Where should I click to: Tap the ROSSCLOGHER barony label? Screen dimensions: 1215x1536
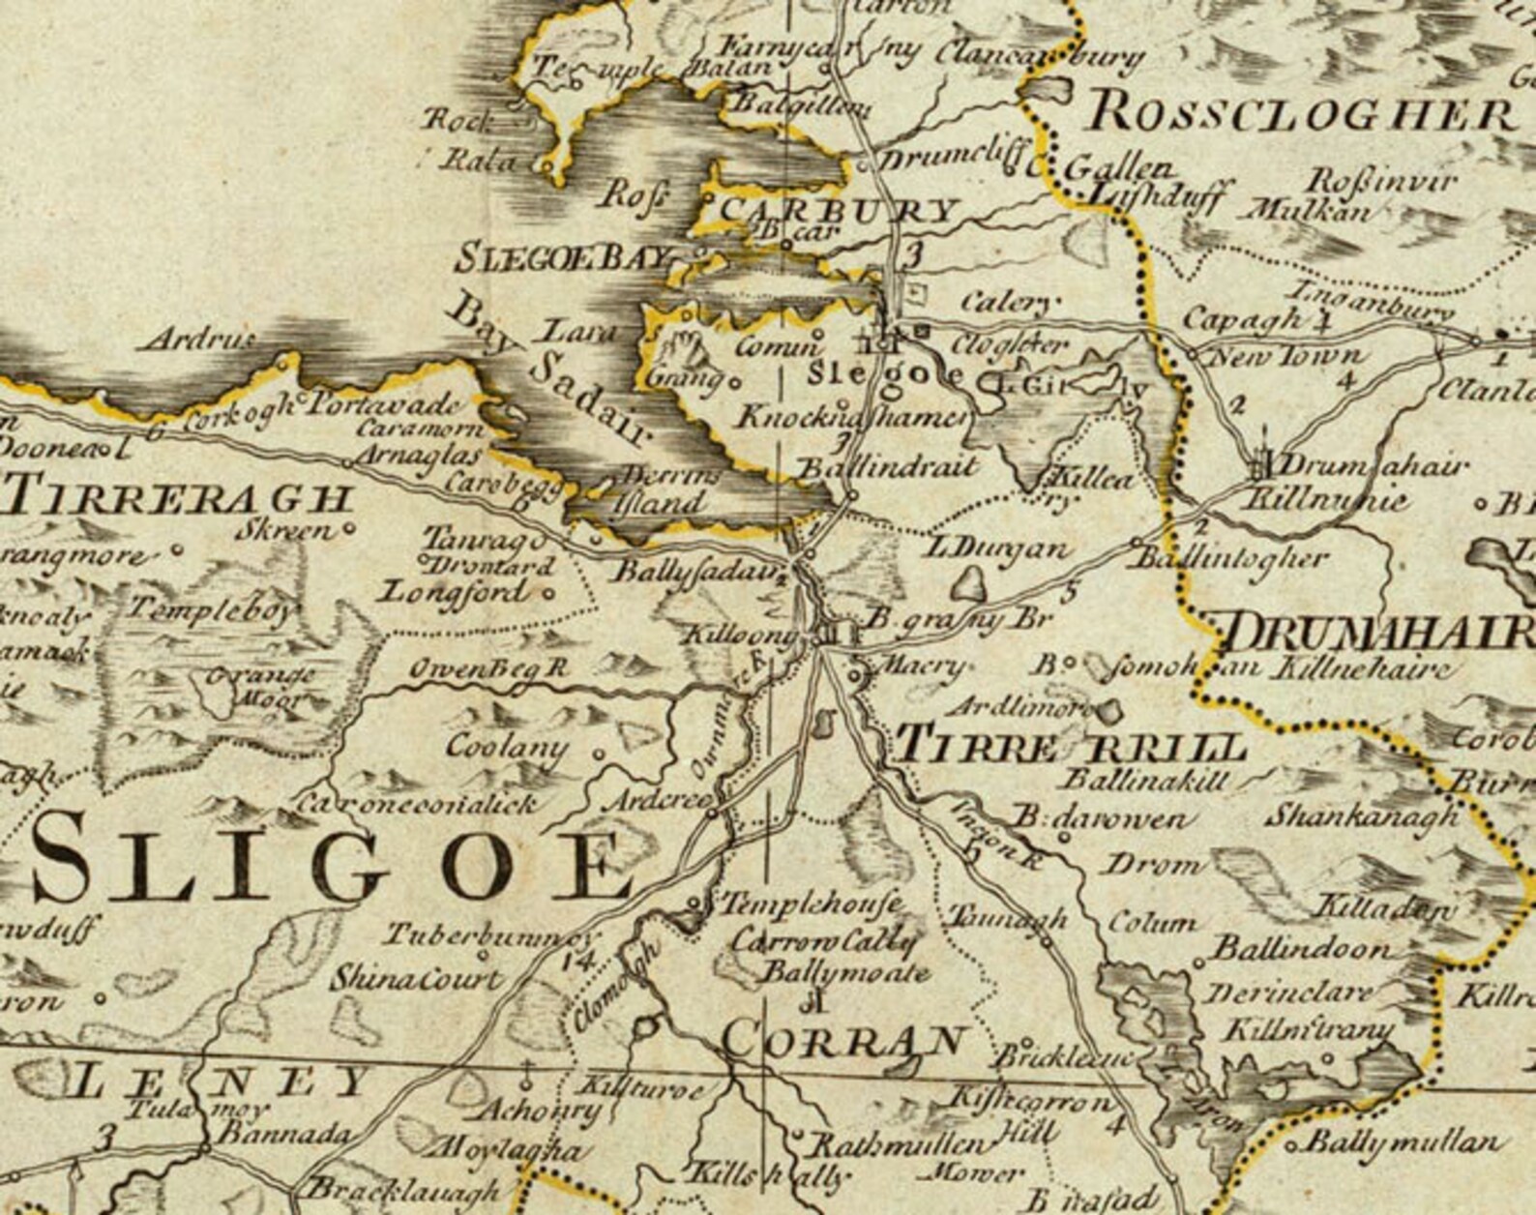point(1301,114)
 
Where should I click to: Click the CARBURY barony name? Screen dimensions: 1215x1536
point(838,211)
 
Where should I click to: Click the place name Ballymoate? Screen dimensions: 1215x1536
point(845,973)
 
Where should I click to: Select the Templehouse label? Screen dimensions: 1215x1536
point(809,904)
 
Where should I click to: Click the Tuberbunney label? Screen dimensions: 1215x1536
point(488,935)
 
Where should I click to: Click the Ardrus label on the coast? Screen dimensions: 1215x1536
point(197,341)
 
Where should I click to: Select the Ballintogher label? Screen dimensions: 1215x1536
point(1228,559)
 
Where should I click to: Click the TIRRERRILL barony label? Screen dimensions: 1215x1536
point(1070,747)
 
